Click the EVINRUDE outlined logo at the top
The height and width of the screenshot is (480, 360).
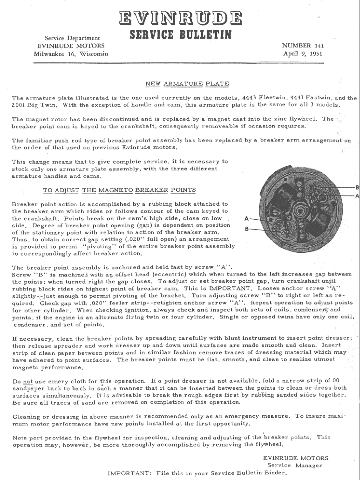tap(180, 18)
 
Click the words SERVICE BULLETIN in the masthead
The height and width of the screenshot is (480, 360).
tap(180, 34)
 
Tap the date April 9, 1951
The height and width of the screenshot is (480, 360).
tap(303, 53)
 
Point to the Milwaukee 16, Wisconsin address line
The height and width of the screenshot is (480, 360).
tap(71, 54)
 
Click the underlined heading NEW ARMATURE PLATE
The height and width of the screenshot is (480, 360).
tap(187, 84)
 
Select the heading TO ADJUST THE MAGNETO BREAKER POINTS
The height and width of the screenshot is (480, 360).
tap(119, 190)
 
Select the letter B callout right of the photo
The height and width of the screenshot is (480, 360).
tap(357, 188)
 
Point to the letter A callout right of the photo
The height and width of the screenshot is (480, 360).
tap(357, 196)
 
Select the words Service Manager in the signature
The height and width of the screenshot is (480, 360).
tap(295, 465)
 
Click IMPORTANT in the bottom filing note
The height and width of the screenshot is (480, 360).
tap(127, 473)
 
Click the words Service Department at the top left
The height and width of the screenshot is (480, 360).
tap(72, 38)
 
